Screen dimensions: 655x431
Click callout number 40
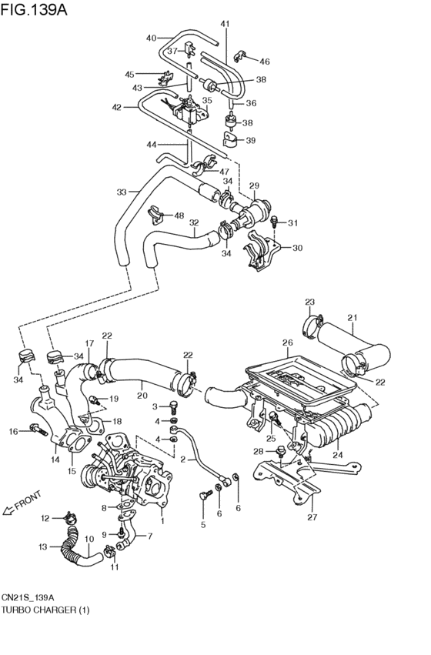click(x=151, y=38)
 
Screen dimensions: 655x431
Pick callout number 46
click(x=264, y=61)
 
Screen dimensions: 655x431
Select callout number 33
click(x=122, y=192)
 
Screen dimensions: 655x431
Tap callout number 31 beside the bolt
click(x=292, y=223)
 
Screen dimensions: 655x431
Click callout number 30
click(x=297, y=248)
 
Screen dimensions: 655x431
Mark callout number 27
click(x=312, y=518)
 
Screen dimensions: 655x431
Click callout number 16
click(x=13, y=432)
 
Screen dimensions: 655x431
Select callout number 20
click(x=142, y=396)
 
